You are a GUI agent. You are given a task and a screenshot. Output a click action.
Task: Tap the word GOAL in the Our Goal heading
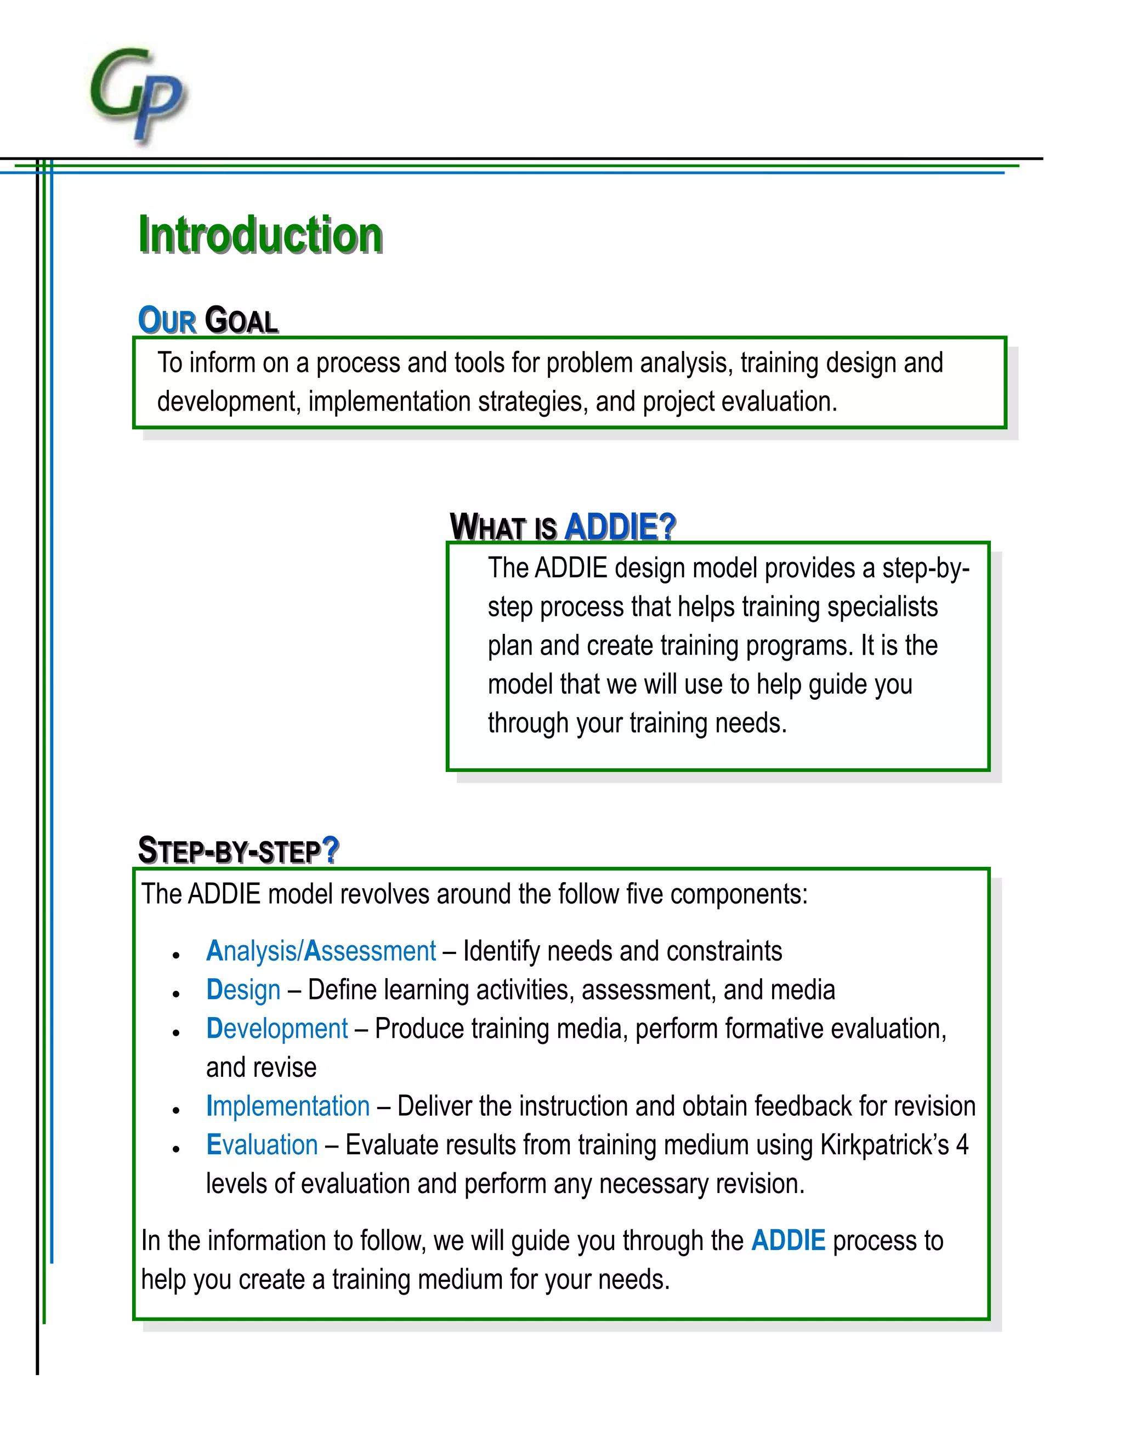click(x=241, y=320)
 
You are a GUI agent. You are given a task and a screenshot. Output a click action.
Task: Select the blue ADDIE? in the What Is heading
click(x=620, y=527)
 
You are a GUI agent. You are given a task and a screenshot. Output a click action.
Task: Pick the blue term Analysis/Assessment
click(x=321, y=951)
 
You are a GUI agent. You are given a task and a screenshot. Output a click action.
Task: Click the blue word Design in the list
click(x=243, y=989)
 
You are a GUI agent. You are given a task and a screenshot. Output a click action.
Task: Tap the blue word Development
click(x=277, y=1028)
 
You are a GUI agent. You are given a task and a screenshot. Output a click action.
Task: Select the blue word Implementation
click(x=287, y=1106)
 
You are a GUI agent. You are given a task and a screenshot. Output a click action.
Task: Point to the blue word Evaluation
click(x=262, y=1144)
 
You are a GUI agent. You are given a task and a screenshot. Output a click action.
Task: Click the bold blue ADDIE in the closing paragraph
click(x=788, y=1241)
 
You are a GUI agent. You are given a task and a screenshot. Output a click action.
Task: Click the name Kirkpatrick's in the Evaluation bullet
click(x=884, y=1144)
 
